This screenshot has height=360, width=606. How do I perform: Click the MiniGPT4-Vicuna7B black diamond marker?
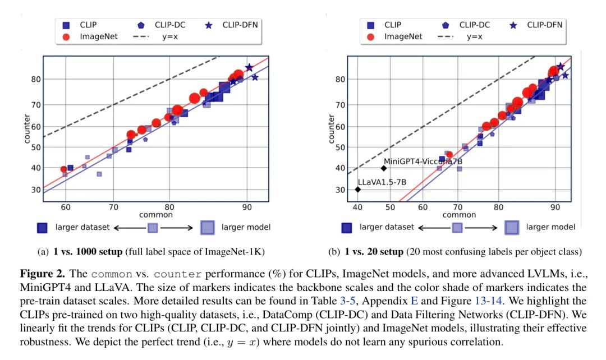pos(384,168)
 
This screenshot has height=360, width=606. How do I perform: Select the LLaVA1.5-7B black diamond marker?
pos(357,190)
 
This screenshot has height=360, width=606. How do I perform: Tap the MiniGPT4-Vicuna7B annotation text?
pos(423,161)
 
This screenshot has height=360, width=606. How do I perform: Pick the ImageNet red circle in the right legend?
pos(371,37)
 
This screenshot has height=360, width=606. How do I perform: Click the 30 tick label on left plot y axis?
pos(35,190)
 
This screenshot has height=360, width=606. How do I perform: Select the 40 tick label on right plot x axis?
pos(357,206)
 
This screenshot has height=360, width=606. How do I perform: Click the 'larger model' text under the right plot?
pos(550,227)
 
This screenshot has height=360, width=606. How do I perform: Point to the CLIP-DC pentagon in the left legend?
pos(141,25)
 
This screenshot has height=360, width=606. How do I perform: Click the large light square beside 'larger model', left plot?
pos(208,227)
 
